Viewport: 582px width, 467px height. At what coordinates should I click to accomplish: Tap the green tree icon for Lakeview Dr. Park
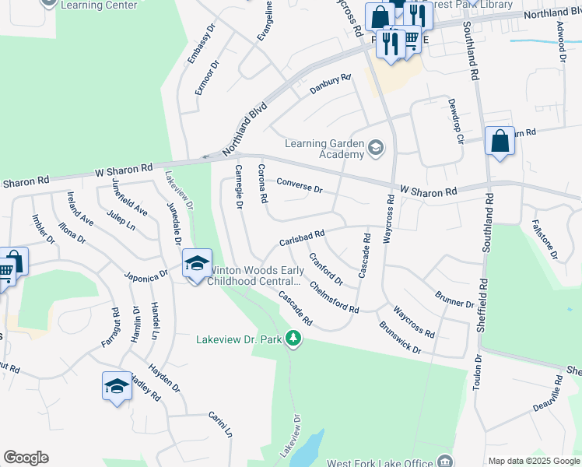(x=293, y=339)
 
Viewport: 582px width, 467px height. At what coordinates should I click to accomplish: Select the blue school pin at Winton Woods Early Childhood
(x=198, y=264)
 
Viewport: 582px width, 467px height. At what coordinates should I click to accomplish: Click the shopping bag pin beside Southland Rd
(x=500, y=142)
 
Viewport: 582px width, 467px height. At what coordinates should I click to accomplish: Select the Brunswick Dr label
(x=399, y=338)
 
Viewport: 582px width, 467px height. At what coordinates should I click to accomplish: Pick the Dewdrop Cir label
(x=454, y=121)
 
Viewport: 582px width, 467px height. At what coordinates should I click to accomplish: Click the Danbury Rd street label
(x=331, y=84)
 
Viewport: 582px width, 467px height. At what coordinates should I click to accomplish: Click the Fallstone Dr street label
(x=546, y=239)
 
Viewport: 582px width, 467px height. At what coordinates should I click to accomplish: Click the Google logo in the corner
(x=26, y=458)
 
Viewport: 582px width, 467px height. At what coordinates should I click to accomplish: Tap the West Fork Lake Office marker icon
(x=444, y=460)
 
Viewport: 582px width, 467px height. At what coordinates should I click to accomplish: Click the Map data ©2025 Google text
(x=534, y=461)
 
